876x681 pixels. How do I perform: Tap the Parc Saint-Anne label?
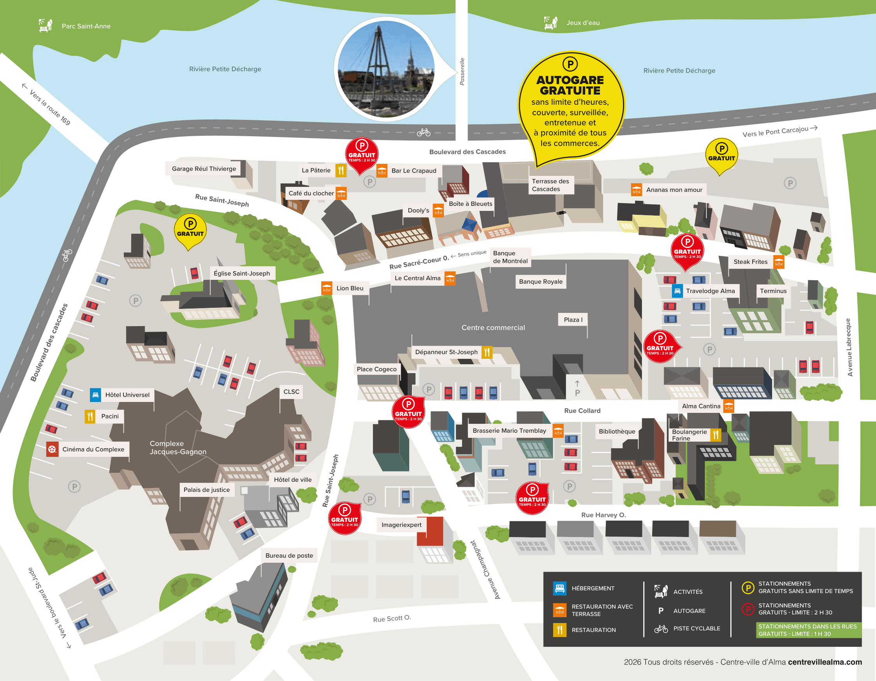pos(86,26)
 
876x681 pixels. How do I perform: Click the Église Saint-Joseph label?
pos(241,273)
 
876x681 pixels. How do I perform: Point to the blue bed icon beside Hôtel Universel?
pos(95,395)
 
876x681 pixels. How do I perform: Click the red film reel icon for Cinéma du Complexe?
pos(52,449)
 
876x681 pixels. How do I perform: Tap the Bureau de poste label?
pos(289,556)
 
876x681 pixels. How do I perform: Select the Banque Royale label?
pos(540,282)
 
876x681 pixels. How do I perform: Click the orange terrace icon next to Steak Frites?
pos(779,262)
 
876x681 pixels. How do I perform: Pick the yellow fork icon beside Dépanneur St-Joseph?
pos(487,352)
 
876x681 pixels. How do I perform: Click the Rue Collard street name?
pos(582,411)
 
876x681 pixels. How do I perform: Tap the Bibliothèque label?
pos(616,431)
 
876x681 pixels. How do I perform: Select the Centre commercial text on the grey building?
pos(493,328)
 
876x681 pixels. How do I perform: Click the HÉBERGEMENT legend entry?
pos(593,588)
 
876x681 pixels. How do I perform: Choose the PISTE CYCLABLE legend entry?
pos(696,628)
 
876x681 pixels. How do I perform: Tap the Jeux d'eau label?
pos(583,23)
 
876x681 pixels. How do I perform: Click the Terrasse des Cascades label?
pos(550,185)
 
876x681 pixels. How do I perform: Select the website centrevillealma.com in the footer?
pos(825,662)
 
